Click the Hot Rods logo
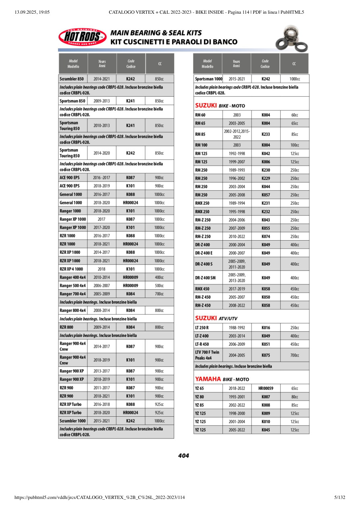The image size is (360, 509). click(x=82, y=37)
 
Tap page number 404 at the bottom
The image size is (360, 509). click(x=183, y=456)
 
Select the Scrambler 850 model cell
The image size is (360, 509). click(x=72, y=79)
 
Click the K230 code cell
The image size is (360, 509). click(x=265, y=170)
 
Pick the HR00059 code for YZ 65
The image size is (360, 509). click(x=265, y=389)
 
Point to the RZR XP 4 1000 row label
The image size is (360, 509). click(x=71, y=269)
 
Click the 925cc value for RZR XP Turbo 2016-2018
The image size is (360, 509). click(x=159, y=404)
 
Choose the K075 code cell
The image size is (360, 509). click(x=265, y=355)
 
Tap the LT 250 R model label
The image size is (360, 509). click(x=202, y=328)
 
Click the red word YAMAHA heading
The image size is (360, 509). click(x=208, y=379)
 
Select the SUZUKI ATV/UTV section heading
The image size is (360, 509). click(x=216, y=318)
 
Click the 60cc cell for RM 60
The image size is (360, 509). click(x=294, y=115)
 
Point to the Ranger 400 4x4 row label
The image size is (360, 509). click(x=73, y=277)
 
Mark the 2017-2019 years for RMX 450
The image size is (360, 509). click(x=237, y=289)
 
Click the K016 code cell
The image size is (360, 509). click(x=265, y=328)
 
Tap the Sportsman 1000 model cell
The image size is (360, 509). click(x=208, y=79)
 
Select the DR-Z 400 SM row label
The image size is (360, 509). click(x=205, y=278)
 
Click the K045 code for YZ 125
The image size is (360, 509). click(x=265, y=430)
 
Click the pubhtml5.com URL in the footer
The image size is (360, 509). click(x=99, y=497)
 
